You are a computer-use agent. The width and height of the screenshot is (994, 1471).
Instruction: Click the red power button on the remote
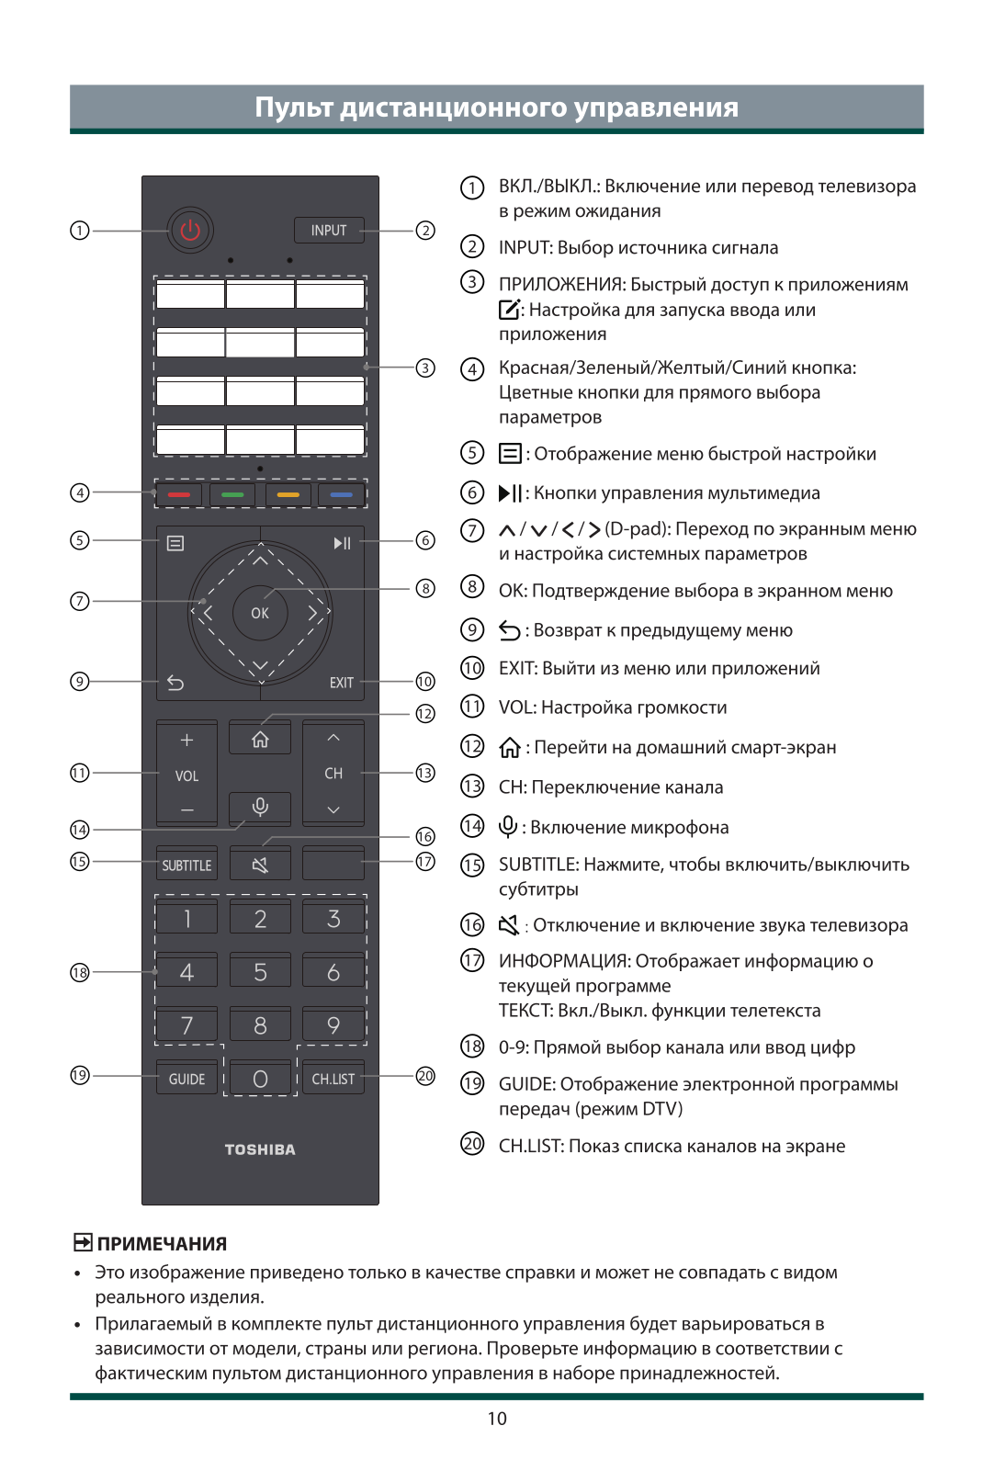point(190,230)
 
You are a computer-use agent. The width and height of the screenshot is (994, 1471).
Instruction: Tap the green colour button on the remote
point(232,494)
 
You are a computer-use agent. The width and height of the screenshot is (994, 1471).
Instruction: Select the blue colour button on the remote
point(341,494)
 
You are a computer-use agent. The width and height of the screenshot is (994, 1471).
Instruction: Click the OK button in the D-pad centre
point(260,613)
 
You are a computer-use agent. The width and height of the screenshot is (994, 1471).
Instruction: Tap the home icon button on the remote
point(260,740)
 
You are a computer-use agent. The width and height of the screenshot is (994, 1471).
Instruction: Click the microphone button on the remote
point(260,807)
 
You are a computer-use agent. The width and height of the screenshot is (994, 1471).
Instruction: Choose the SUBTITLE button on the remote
point(186,865)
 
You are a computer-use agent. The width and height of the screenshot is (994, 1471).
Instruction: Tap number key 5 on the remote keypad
point(260,971)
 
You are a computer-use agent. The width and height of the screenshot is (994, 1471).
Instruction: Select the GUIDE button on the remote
point(186,1079)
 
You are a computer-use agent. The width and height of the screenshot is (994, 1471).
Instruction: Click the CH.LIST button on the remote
point(333,1079)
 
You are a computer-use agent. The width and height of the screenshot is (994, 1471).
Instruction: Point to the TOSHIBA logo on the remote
point(260,1149)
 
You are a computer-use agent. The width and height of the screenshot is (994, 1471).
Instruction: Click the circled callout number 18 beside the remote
point(80,972)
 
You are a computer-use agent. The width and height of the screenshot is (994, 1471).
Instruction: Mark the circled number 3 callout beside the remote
point(425,368)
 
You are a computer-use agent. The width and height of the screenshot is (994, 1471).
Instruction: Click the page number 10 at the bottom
point(497,1419)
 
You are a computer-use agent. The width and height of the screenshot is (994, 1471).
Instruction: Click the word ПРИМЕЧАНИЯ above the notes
point(162,1244)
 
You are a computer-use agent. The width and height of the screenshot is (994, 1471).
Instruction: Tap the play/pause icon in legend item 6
point(510,493)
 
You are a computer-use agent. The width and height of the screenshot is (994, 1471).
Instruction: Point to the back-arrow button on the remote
point(175,683)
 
